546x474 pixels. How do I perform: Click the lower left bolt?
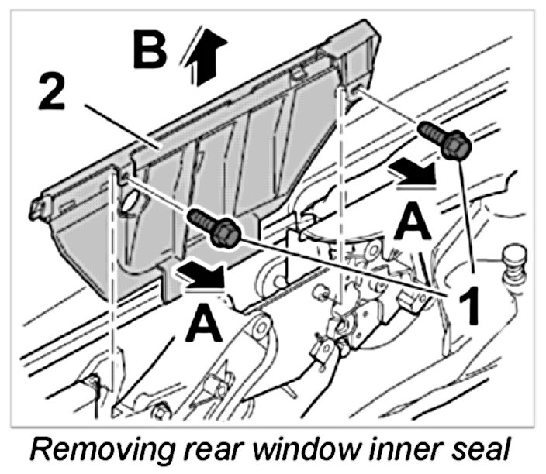pos(216,228)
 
